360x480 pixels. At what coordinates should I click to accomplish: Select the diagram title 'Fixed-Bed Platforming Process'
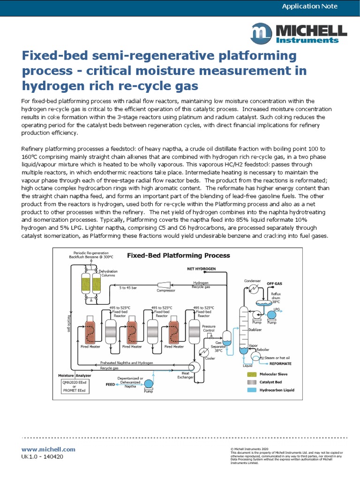pos(179,255)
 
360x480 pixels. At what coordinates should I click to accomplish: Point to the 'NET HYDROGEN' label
pos(198,269)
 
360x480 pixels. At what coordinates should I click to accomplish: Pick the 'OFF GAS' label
pos(275,284)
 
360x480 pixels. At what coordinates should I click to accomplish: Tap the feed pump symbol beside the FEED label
pos(148,383)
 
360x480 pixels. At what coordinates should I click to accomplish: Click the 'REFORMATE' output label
pos(280,363)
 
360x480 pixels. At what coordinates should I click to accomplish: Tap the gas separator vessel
pos(226,338)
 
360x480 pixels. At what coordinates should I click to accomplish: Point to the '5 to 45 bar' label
pos(127,287)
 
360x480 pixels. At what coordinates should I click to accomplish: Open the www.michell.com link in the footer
pos(48,449)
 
